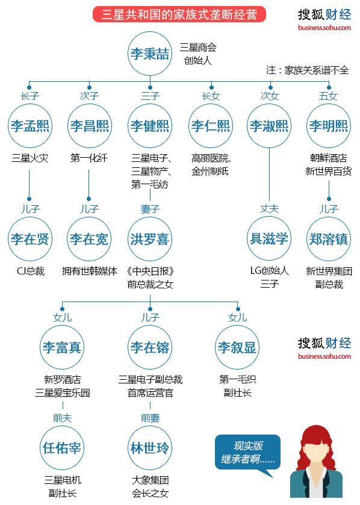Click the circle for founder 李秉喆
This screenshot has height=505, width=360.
[x=150, y=54]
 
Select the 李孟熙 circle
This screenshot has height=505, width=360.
[x=29, y=126]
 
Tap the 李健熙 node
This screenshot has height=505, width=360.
[x=150, y=126]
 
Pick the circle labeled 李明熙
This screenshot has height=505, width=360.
[x=329, y=126]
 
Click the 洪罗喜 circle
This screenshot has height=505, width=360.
[x=150, y=238]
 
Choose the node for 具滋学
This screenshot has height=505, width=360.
[x=269, y=238]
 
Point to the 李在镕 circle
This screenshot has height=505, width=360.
[x=150, y=347]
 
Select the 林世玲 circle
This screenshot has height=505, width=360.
[x=150, y=448]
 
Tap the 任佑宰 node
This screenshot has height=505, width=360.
[x=62, y=448]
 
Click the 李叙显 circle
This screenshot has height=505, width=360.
[x=237, y=347]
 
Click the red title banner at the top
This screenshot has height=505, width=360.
[x=179, y=14]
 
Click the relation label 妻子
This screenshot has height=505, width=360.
[x=150, y=209]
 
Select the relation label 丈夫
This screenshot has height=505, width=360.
[x=269, y=209]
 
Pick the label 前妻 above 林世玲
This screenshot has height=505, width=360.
[x=150, y=418]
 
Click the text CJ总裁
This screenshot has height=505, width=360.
[x=30, y=271]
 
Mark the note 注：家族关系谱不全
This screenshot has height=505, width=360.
[x=308, y=70]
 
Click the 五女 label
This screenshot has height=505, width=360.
[x=329, y=96]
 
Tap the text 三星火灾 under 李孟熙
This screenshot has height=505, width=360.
[x=30, y=158]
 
